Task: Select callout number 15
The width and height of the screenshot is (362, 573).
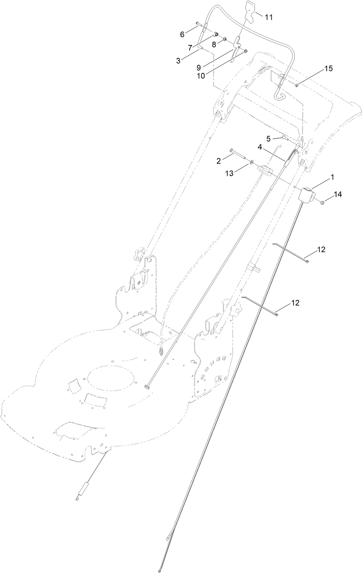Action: [x=329, y=68]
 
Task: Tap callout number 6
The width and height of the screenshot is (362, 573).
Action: [x=182, y=34]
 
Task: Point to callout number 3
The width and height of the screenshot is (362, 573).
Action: [x=188, y=60]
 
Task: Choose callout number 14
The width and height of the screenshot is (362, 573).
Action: [x=338, y=194]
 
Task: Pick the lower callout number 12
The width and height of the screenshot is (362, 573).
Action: [x=295, y=303]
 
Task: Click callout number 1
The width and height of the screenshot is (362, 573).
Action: [x=332, y=177]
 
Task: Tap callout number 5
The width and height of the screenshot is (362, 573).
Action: [x=269, y=139]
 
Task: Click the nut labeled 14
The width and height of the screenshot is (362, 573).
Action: [x=322, y=202]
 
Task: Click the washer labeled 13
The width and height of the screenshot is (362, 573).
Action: [x=251, y=162]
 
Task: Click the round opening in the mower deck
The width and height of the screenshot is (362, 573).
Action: [x=111, y=379]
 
